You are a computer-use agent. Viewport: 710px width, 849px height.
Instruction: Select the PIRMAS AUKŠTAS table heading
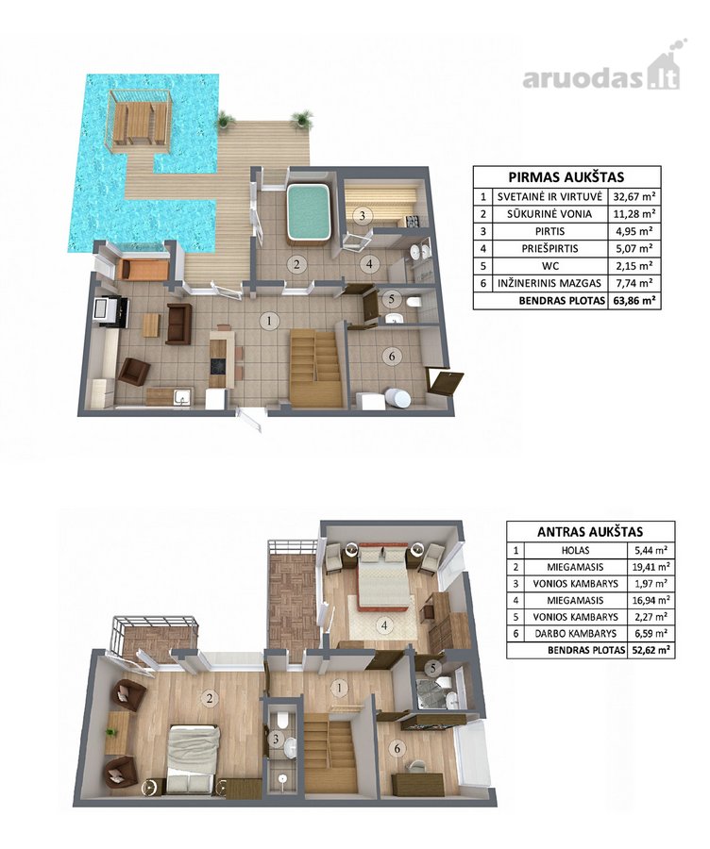click(x=566, y=177)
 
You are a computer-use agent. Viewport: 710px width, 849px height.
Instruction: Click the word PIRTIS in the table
click(x=549, y=231)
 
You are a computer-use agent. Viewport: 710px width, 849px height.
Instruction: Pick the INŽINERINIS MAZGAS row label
click(x=549, y=283)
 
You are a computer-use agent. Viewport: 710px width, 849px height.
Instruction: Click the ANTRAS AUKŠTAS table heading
click(x=590, y=532)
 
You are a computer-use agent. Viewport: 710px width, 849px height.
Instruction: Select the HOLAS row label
click(x=576, y=550)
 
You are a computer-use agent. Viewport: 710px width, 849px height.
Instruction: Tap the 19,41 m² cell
click(x=651, y=567)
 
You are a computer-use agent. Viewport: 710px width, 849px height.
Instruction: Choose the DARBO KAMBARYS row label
click(x=575, y=633)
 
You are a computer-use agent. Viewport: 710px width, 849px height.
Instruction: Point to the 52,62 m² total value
click(x=651, y=650)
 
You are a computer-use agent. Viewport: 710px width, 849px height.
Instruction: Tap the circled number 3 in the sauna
click(x=363, y=215)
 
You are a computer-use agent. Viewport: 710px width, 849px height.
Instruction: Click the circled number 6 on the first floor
click(x=391, y=356)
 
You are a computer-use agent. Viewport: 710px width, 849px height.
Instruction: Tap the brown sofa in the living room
click(x=178, y=324)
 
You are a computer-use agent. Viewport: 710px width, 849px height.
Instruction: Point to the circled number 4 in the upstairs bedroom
click(x=384, y=625)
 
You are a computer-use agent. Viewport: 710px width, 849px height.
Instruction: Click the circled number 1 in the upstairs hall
click(x=339, y=689)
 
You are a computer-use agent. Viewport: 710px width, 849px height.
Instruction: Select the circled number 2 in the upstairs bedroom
click(x=209, y=698)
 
